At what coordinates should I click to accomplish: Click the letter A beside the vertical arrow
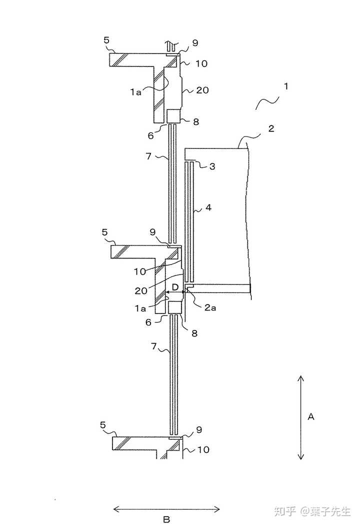[x=310, y=416]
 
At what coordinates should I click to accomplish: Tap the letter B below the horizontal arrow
[x=166, y=519]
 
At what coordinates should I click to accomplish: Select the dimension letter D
[x=175, y=287]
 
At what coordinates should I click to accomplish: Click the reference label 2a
[x=210, y=307]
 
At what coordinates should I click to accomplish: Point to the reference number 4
[x=208, y=207]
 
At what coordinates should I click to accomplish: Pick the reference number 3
[x=212, y=166]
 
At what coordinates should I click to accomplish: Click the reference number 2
[x=271, y=128]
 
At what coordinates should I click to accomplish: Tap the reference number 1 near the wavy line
[x=286, y=86]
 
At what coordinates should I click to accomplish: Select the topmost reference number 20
[x=202, y=90]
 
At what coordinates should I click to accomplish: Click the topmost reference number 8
[x=196, y=121]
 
